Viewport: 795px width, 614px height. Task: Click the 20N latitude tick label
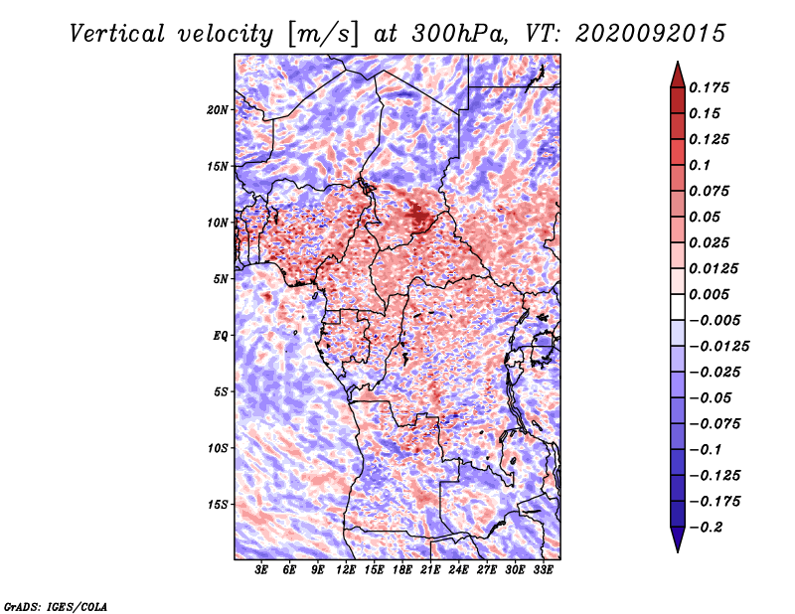tap(218, 110)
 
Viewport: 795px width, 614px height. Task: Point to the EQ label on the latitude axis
tap(221, 336)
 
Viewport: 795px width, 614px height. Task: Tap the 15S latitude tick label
tap(218, 505)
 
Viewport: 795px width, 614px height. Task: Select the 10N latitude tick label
tap(218, 223)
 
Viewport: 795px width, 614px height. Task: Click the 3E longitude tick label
tap(261, 570)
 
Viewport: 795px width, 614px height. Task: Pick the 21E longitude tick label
tap(430, 570)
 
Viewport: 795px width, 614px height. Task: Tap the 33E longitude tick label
tap(543, 570)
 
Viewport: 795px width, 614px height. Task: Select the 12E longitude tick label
tap(345, 570)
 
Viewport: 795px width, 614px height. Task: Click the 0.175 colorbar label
tap(709, 87)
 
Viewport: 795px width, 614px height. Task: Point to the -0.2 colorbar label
tap(706, 528)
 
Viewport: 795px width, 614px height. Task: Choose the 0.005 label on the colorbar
tap(709, 294)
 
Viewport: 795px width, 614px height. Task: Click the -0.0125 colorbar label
tap(718, 347)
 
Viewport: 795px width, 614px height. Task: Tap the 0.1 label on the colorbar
tap(700, 165)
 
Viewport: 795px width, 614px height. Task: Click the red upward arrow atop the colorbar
tap(678, 76)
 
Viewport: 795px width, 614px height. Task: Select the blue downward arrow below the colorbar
tap(678, 539)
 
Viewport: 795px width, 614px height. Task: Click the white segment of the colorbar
tap(678, 307)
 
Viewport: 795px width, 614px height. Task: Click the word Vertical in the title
tap(117, 34)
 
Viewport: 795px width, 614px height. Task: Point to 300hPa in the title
tap(459, 34)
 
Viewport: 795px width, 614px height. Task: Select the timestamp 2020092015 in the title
tap(651, 34)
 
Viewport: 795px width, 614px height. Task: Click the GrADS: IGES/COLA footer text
tap(56, 607)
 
